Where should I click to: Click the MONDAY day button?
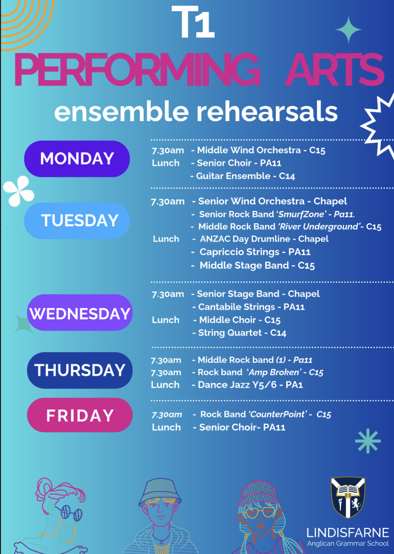pos(77,158)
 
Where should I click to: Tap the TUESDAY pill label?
pos(77,220)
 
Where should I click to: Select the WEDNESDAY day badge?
pos(80,313)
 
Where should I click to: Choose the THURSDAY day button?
pos(80,370)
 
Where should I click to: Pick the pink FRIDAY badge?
pos(80,415)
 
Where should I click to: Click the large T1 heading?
pos(193,22)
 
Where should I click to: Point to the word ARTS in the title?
pos(335,70)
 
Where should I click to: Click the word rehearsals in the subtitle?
pos(267,112)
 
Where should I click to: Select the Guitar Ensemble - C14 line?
pos(242,176)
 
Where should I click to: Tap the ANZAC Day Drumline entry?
pos(261,239)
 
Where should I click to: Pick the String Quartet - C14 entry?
pos(239,333)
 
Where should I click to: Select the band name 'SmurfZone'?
pos(302,214)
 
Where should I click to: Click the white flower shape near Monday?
pos(19,191)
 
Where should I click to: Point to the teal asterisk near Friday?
pos(368,441)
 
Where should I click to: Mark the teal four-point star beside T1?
pos(349,30)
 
